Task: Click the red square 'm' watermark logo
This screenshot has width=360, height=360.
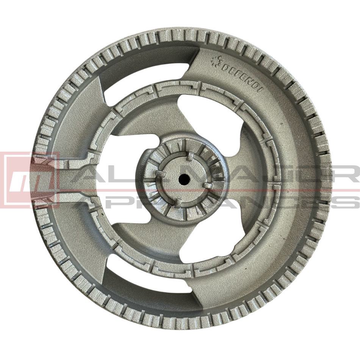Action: [x=30, y=180]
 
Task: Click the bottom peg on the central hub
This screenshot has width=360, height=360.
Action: [x=177, y=203]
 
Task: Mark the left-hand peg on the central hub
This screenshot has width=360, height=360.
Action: [x=161, y=174]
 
